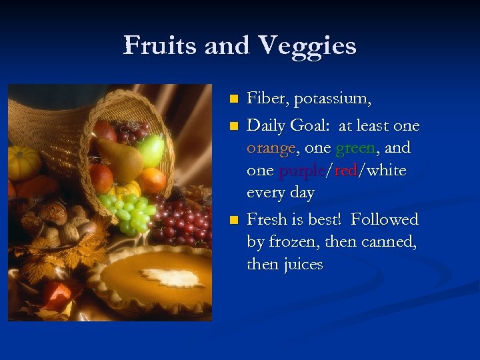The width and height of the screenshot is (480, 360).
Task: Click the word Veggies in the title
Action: [x=307, y=46]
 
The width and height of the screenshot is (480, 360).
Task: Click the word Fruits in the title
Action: [x=161, y=46]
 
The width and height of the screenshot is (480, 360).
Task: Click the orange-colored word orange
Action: [x=271, y=147]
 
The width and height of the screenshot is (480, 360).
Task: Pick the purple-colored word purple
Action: [x=302, y=170]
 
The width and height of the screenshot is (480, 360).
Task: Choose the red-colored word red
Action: [x=345, y=170]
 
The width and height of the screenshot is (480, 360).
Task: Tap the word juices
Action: [x=303, y=264]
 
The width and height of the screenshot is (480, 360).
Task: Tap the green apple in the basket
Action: [x=151, y=150]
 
